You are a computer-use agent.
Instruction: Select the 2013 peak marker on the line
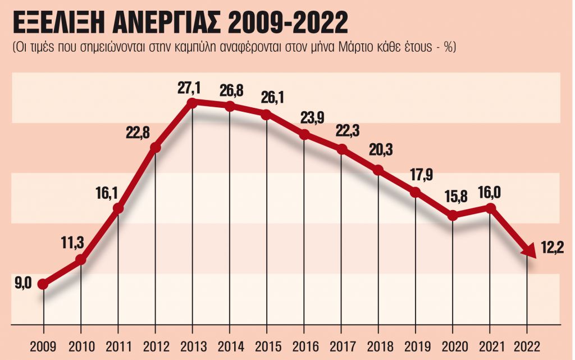pyautogui.click(x=193, y=103)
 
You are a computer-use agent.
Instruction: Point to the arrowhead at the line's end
pyautogui.click(x=528, y=252)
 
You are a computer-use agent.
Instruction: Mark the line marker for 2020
pyautogui.click(x=453, y=216)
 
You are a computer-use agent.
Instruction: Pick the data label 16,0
pyautogui.click(x=490, y=193)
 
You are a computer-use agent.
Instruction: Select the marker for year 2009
pyautogui.click(x=43, y=284)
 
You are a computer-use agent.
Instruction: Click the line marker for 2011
pyautogui.click(x=118, y=209)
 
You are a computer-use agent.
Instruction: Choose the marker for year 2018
pyautogui.click(x=378, y=170)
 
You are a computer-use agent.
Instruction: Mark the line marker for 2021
pyautogui.click(x=490, y=208)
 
